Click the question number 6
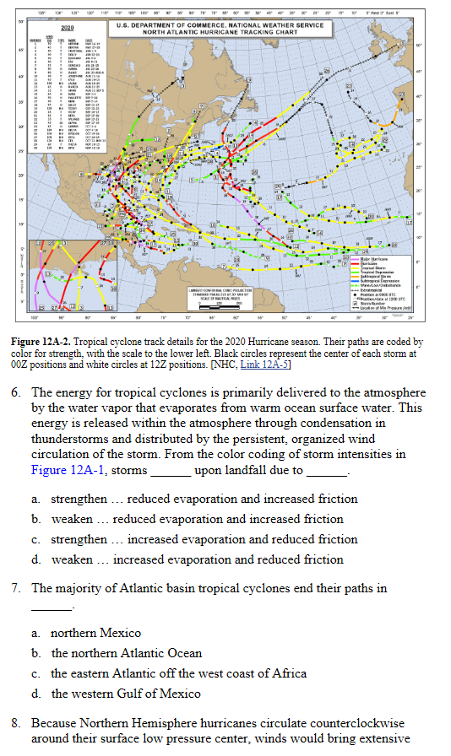click(17, 393)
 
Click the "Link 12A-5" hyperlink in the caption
click(264, 364)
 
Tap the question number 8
click(17, 724)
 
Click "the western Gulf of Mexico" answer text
click(126, 694)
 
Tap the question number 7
click(17, 588)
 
